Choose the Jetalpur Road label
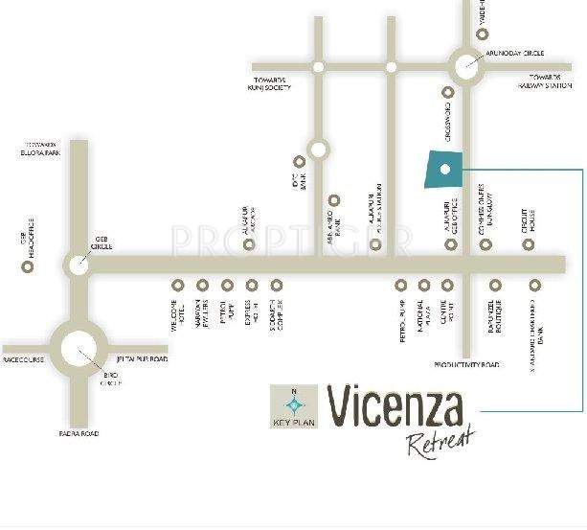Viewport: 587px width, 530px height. point(142,359)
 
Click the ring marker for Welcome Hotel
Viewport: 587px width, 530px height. point(178,285)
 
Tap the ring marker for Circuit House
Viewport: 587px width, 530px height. point(528,244)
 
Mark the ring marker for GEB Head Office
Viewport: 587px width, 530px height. point(28,265)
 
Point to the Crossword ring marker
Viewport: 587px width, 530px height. point(447,93)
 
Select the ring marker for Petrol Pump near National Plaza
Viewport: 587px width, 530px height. point(401,285)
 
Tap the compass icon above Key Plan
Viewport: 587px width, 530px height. point(294,403)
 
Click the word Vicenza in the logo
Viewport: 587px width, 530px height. point(395,408)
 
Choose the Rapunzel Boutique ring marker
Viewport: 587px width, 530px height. point(495,285)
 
